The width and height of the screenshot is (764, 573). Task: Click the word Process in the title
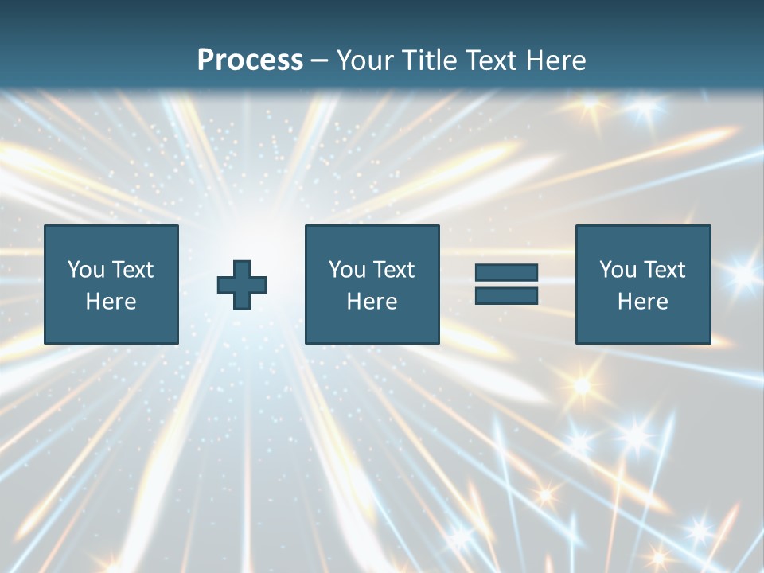250,60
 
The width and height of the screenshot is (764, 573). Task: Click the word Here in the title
555,60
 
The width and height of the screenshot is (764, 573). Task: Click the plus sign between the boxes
242,285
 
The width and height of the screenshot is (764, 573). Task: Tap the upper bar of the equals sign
506,273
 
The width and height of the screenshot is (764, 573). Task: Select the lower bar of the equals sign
506,295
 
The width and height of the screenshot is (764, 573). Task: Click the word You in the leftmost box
86,270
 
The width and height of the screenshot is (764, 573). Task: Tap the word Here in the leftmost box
111,302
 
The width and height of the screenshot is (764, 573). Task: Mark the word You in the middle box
347,270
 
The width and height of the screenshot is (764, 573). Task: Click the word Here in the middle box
372,302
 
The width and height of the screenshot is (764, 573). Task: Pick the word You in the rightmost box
618,270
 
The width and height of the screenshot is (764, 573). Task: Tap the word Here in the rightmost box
642,302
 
